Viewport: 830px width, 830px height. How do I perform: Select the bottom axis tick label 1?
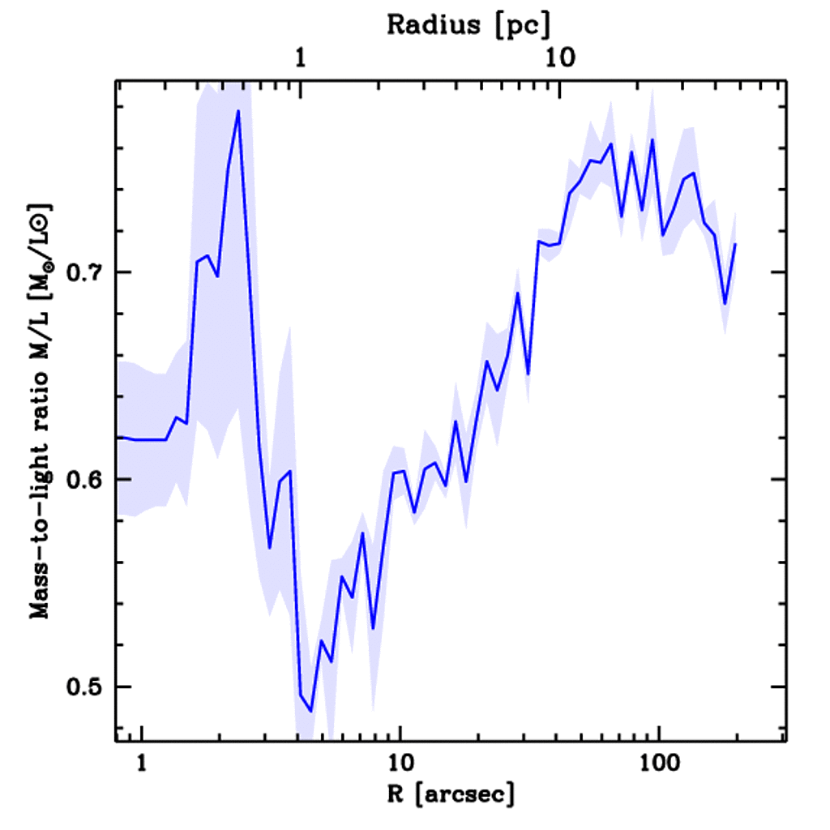[142, 764]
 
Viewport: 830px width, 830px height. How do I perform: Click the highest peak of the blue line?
[238, 111]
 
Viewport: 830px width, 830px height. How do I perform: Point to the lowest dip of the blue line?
[310, 711]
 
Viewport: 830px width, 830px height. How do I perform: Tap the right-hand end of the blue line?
[735, 244]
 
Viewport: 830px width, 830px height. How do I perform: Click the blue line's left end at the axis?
[118, 437]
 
